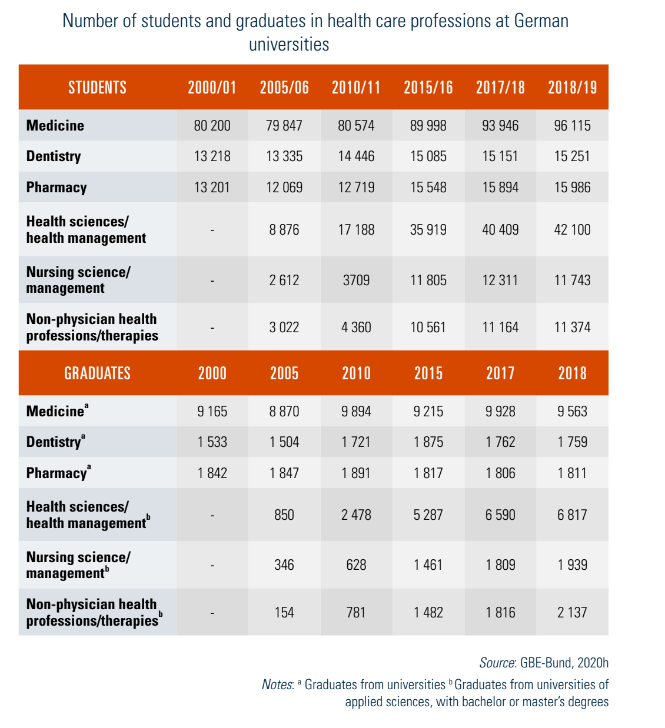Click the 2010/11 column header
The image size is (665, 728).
point(356,88)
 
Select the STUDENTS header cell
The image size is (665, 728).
point(97,88)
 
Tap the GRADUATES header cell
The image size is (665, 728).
point(97,373)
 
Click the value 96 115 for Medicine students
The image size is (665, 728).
point(572,125)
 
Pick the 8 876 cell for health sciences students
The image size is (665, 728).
point(284,230)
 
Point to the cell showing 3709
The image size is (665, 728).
point(356,280)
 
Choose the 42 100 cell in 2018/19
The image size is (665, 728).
point(572,230)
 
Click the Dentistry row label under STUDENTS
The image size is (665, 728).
point(54,156)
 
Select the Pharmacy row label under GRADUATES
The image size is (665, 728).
point(57,473)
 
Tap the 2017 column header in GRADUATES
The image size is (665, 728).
point(500,373)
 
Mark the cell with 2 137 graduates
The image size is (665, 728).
point(572,612)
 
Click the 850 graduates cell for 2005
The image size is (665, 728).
point(284,515)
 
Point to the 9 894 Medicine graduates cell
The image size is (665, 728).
point(356,412)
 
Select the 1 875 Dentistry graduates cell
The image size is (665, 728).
point(428,442)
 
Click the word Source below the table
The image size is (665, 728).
point(497,663)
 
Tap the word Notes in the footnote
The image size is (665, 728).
point(277,684)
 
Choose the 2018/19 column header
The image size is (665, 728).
point(572,88)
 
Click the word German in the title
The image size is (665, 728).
point(541,21)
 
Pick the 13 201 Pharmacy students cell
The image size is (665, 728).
point(212,188)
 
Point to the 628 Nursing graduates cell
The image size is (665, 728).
point(356,565)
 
